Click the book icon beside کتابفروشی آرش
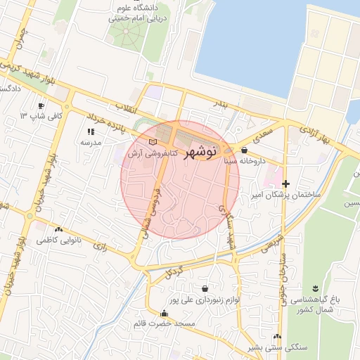pyautogui.click(x=153, y=143)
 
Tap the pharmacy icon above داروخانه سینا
pyautogui.click(x=244, y=150)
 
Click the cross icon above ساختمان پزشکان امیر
pyautogui.click(x=285, y=183)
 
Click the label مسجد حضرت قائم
pyautogui.click(x=165, y=324)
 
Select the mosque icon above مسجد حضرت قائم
pyautogui.click(x=165, y=314)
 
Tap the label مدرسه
pyautogui.click(x=91, y=143)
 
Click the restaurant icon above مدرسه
pyautogui.click(x=91, y=131)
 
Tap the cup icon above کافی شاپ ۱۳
pyautogui.click(x=41, y=105)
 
